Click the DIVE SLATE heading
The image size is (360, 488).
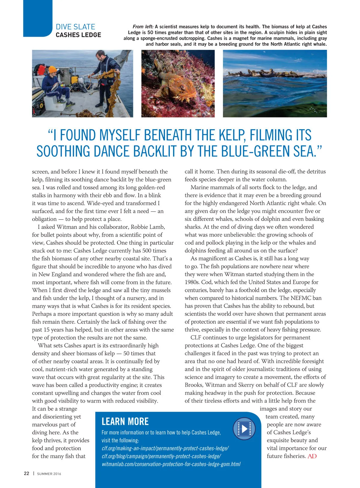75,27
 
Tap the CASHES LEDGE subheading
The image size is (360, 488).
78,35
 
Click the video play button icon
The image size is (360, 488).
244,429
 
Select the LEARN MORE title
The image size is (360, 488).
125,422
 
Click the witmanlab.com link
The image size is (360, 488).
171,464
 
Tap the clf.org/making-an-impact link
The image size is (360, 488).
165,448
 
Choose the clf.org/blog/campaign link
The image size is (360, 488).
161,456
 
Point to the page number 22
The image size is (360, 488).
27,473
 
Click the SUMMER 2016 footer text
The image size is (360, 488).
49,474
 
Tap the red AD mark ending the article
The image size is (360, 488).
312,456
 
